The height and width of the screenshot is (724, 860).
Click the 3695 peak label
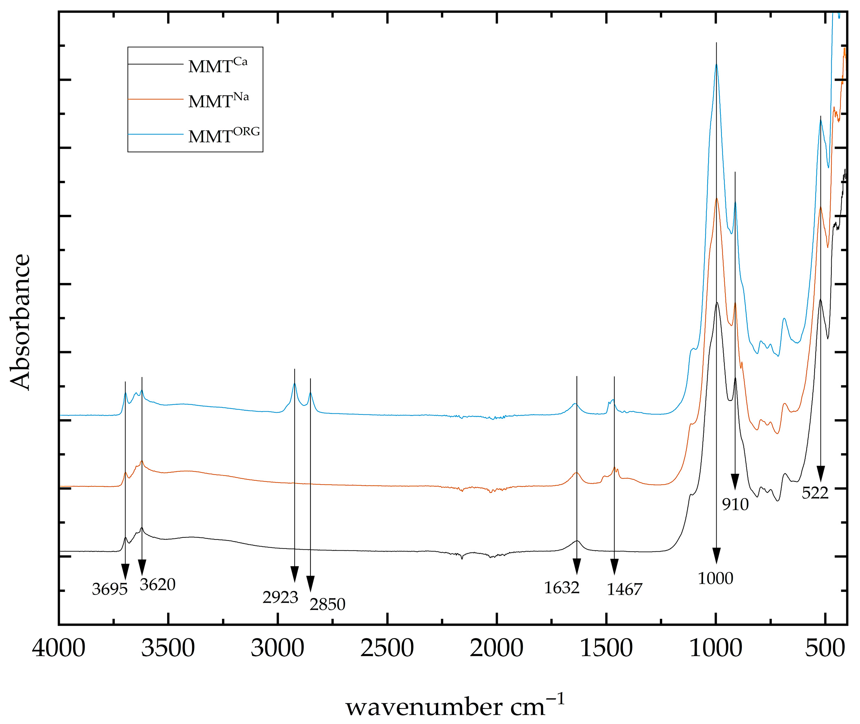110,590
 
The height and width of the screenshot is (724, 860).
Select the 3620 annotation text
157,585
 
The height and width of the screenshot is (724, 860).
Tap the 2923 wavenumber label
280,598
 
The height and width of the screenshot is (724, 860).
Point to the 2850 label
327,604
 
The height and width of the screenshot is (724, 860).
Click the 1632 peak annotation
561,588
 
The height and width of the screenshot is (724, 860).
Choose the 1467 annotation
624,590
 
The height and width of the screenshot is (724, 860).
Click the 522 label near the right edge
815,493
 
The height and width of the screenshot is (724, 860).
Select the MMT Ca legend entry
218,66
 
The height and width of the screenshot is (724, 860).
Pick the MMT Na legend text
218,101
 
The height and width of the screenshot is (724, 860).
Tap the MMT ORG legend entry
224,136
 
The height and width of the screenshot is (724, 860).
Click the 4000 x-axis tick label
59,649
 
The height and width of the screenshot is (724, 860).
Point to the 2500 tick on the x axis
387,649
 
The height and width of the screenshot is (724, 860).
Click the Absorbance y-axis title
21,322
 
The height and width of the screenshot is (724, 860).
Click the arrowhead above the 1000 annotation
716,556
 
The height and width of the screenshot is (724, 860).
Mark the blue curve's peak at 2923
294,384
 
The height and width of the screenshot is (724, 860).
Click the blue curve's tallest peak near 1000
716,64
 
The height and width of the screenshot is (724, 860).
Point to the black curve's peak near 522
820,300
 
